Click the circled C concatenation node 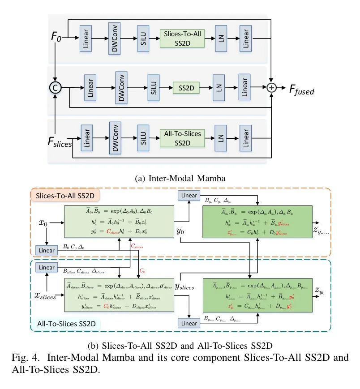point(55,88)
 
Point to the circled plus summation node point(271,88)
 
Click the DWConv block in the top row point(115,38)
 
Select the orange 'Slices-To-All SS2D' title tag point(65,196)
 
